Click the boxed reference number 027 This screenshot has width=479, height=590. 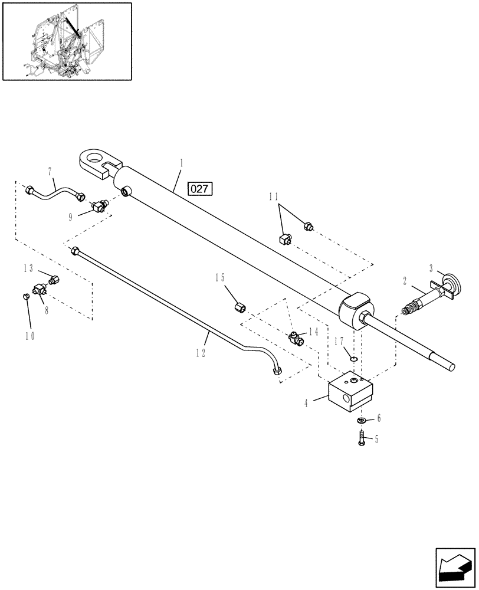pyautogui.click(x=200, y=189)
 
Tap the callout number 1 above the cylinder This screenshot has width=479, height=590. pyautogui.click(x=181, y=162)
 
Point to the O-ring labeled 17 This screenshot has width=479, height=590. pyautogui.click(x=353, y=358)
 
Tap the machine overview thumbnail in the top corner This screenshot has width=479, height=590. pyautogui.click(x=67, y=41)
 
